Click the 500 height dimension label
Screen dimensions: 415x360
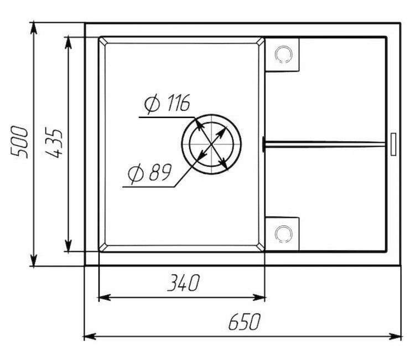tap(19, 142)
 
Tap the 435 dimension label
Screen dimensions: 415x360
tap(54, 142)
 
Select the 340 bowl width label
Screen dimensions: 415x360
tap(183, 282)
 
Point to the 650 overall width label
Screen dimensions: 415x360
tap(244, 322)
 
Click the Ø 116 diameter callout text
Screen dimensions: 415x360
tap(167, 103)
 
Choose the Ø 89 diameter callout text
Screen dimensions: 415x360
tap(150, 173)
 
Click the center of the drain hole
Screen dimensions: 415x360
tap(211, 145)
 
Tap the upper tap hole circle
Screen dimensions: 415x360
tap(283, 54)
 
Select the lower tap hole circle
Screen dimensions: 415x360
tap(283, 234)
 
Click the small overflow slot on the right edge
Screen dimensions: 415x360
tap(393, 144)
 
